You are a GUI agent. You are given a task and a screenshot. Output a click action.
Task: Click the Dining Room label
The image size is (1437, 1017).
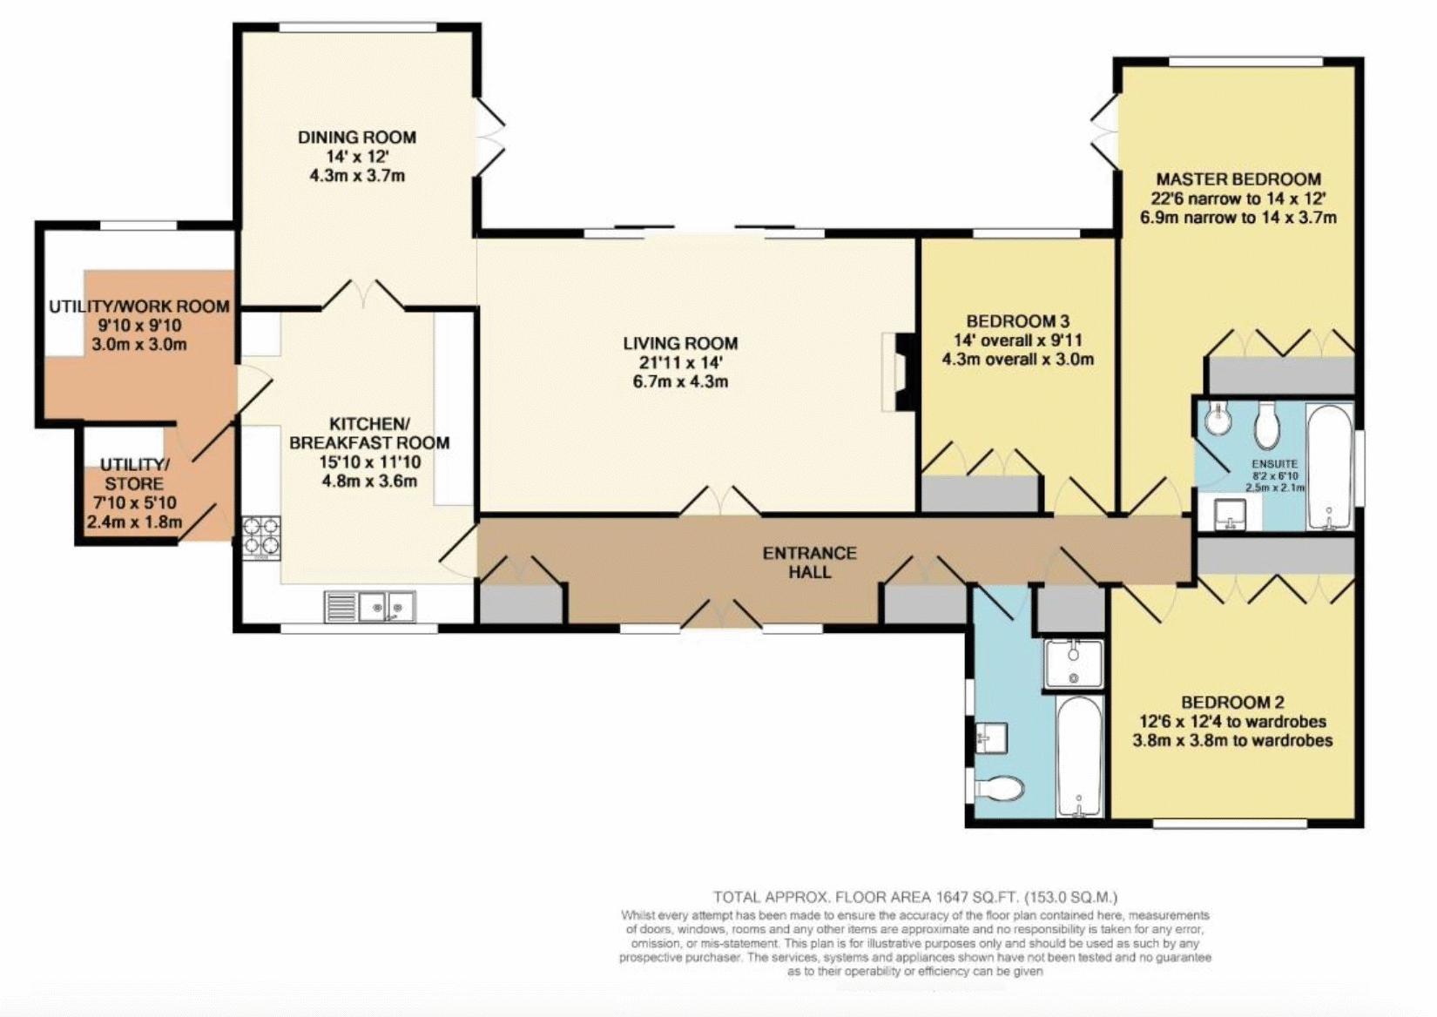click(357, 138)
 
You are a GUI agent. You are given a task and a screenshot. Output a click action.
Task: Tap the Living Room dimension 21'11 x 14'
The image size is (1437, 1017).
click(680, 363)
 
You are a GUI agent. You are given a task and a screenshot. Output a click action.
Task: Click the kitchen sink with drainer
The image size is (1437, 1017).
click(370, 606)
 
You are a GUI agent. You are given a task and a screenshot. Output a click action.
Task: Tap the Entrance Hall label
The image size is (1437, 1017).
click(810, 562)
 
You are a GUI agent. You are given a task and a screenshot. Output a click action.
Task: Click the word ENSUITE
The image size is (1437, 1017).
click(1275, 463)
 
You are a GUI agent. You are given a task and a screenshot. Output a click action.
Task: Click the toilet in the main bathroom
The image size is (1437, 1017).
click(997, 788)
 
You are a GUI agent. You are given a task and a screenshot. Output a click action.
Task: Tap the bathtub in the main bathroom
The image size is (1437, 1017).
click(1080, 757)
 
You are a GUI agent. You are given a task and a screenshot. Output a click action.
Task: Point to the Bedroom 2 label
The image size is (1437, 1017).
click(1232, 702)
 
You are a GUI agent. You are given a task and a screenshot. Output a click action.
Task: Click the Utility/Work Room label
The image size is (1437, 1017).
click(139, 306)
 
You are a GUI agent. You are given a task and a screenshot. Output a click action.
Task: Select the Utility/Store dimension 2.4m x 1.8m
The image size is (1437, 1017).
click(135, 522)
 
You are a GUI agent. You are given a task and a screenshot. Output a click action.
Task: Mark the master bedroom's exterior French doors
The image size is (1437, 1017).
click(1104, 135)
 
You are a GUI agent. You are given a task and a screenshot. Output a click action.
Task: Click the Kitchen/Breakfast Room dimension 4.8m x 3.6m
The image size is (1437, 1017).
click(369, 481)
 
